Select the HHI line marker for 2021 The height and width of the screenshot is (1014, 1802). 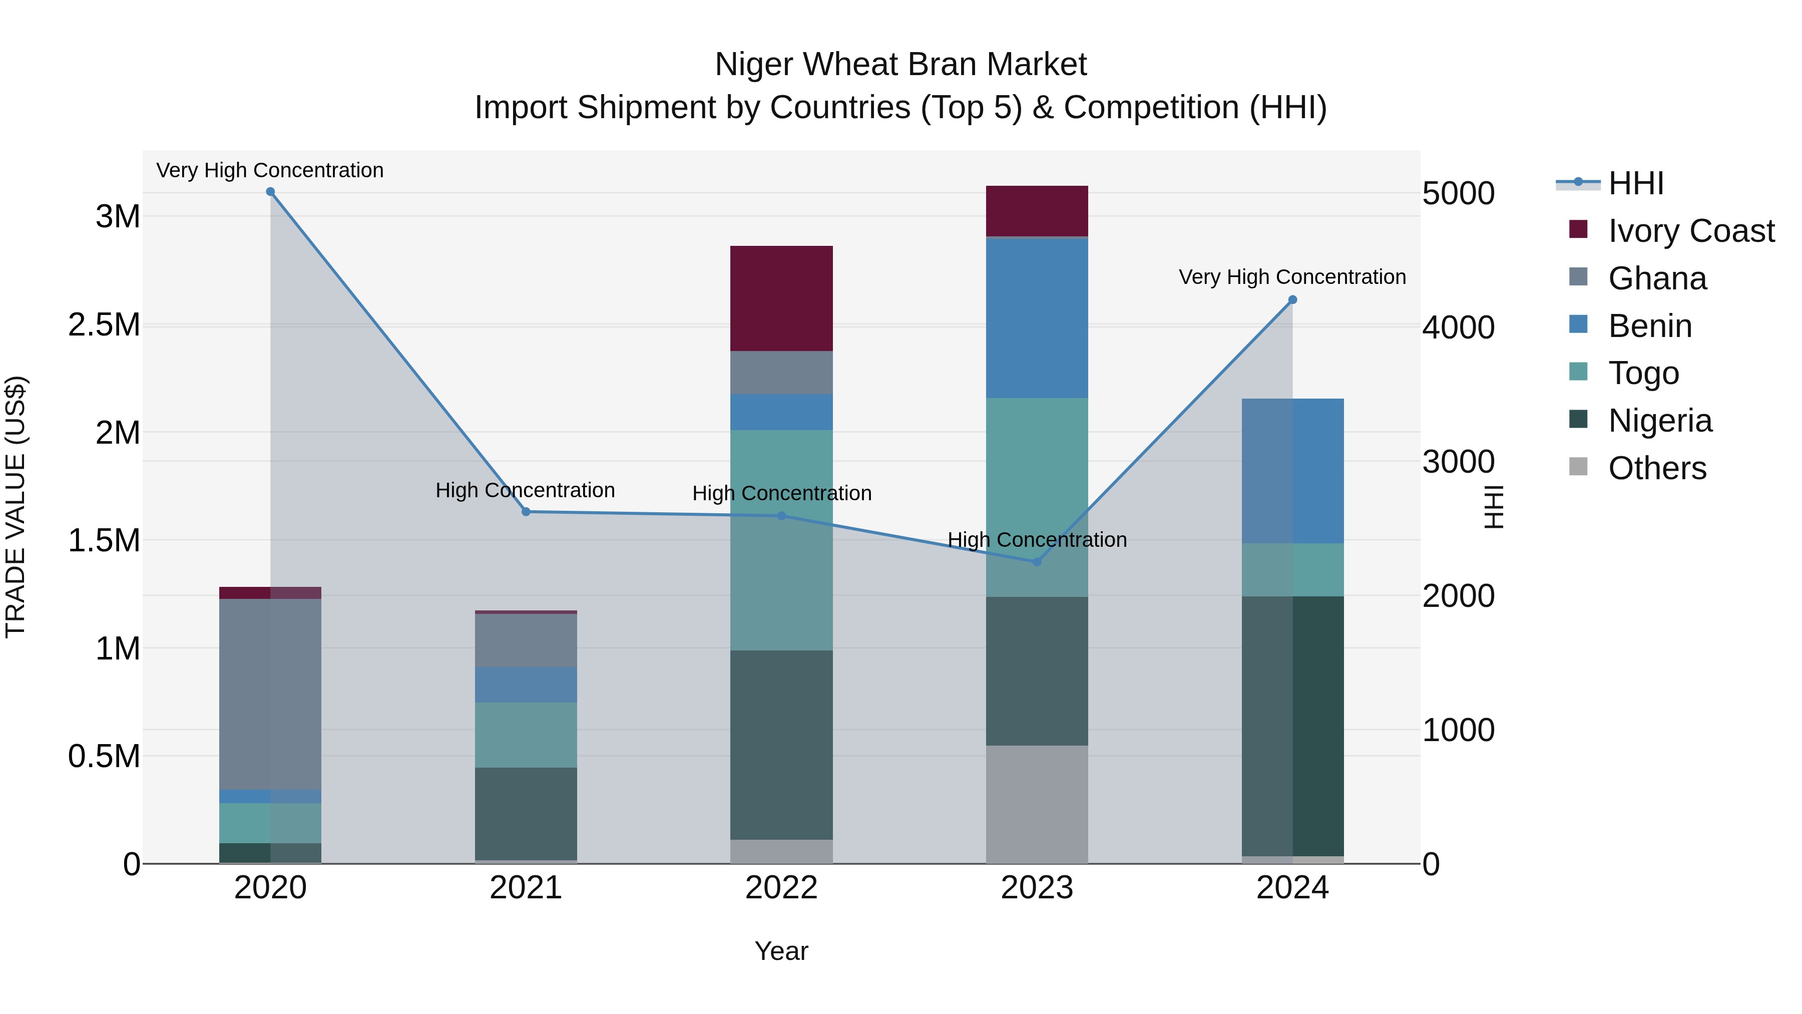[x=526, y=512]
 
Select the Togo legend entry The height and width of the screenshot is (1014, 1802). [x=1643, y=373]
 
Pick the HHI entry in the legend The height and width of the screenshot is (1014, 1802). [x=1635, y=183]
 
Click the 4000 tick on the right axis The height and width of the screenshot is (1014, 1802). [x=1459, y=327]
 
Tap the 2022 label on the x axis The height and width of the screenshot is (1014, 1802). [x=781, y=888]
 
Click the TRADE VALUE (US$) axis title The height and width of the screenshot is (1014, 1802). [x=16, y=507]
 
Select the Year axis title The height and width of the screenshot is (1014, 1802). [x=781, y=951]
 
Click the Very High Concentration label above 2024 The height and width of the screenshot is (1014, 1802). [x=1292, y=277]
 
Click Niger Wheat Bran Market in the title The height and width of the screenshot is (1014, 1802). [x=900, y=65]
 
